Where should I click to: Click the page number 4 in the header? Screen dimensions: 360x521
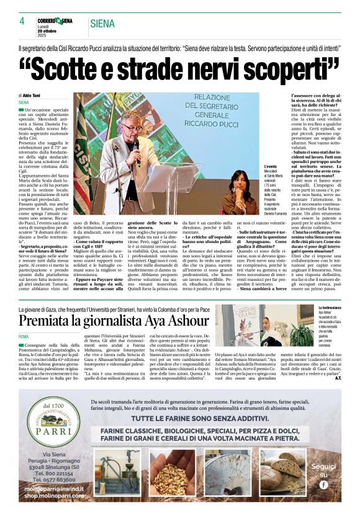tap(22, 21)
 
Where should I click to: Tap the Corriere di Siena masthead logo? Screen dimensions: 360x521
tap(58, 21)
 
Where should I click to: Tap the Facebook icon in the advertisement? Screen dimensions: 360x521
tap(323, 483)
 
